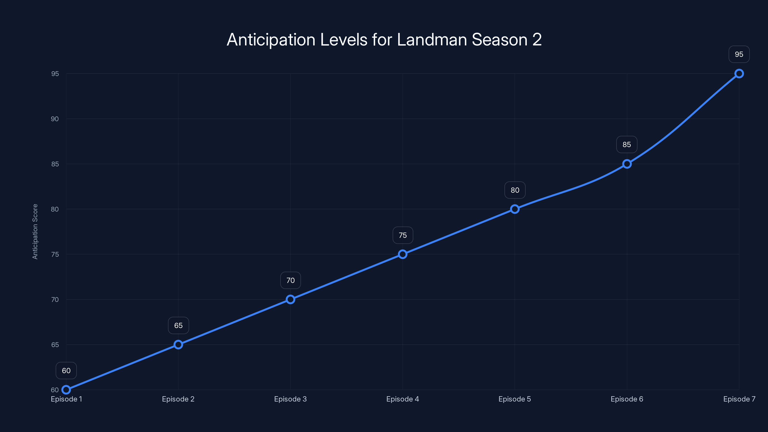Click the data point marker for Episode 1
(66, 390)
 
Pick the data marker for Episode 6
(627, 164)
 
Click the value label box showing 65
(178, 325)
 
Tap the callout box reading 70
(290, 280)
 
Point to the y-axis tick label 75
(55, 254)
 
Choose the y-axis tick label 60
(55, 390)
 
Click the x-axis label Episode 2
(178, 399)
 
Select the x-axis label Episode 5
(515, 399)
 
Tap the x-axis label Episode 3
(290, 399)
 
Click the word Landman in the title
(432, 40)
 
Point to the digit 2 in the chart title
(537, 40)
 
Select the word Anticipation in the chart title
(271, 40)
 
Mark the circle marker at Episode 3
(290, 299)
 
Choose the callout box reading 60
(66, 371)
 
